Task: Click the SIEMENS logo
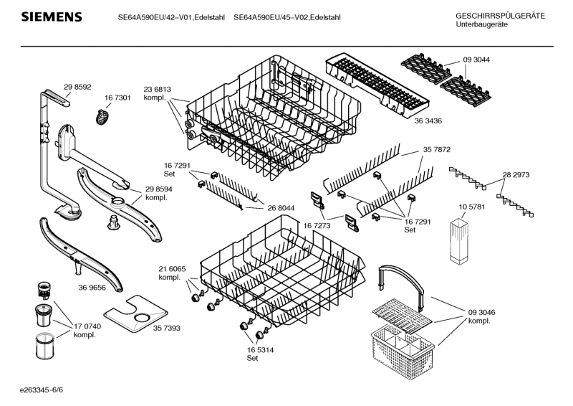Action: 52,16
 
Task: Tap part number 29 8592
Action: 77,87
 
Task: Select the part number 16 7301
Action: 117,98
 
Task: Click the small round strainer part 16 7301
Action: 102,116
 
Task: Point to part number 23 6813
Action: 157,90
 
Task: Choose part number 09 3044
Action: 476,60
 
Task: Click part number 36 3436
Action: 428,121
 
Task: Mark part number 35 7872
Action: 437,149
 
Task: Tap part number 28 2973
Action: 516,174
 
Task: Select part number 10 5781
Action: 472,207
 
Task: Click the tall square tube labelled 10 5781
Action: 458,241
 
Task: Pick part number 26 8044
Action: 281,208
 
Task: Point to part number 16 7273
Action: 317,225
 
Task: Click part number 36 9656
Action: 92,288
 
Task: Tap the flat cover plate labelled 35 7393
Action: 135,313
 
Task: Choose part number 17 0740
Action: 87,326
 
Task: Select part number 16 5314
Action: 260,349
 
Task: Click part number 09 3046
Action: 481,312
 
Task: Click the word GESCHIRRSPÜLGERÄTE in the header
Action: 500,16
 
